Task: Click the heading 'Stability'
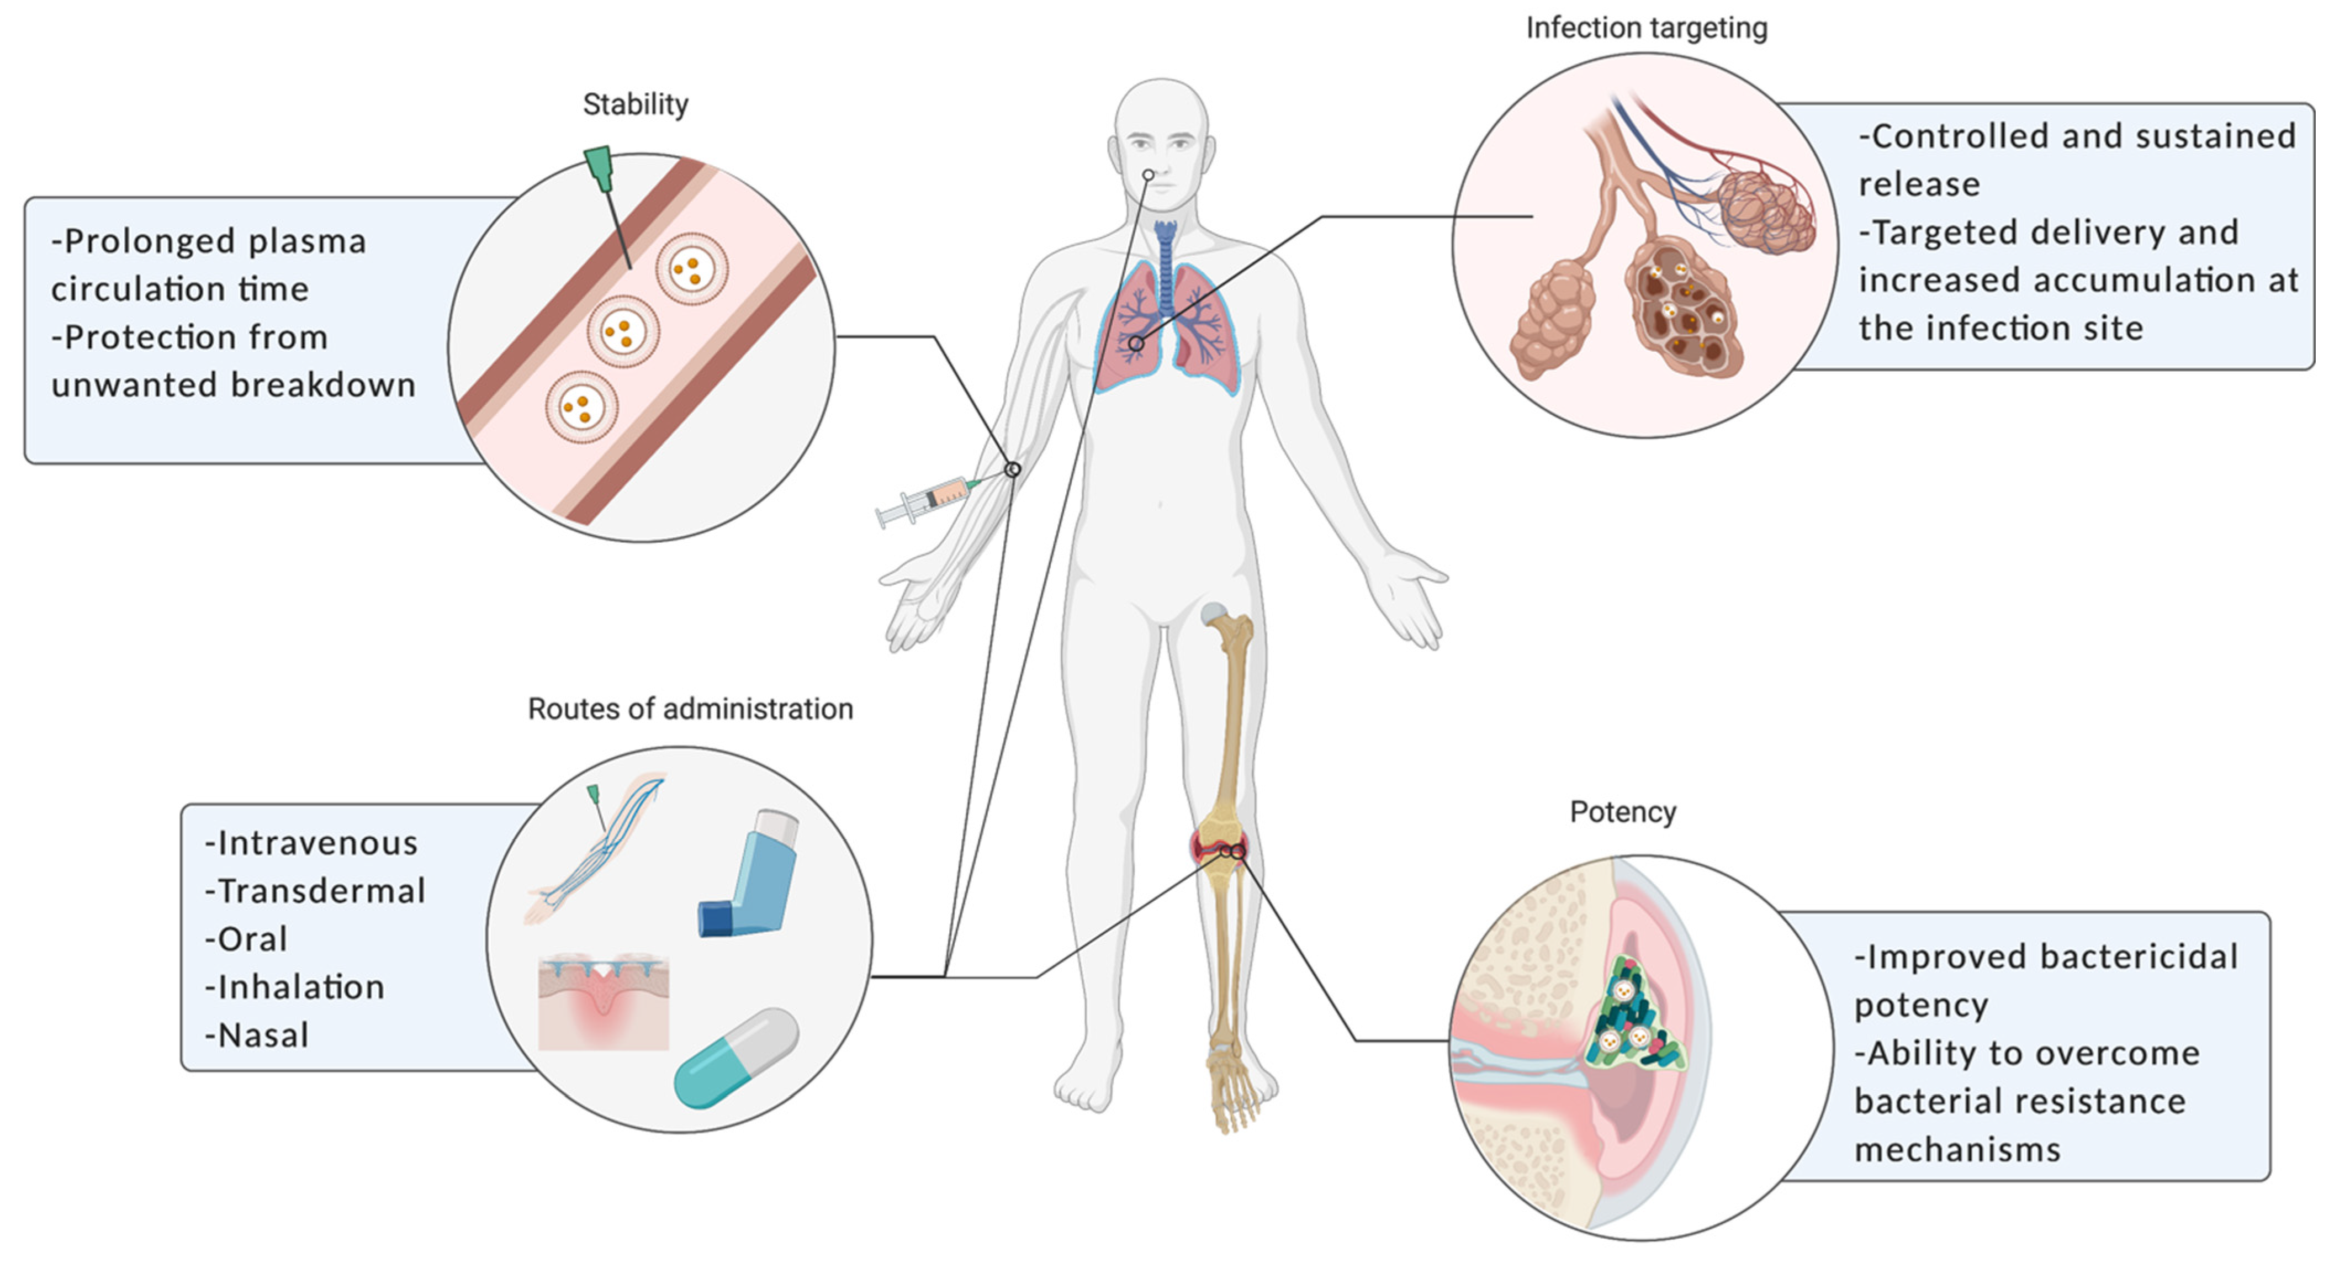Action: pos(635,105)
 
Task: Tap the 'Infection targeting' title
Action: pos(1647,29)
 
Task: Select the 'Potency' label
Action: pos(1623,812)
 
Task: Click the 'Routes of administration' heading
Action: pos(690,709)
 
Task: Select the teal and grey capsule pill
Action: pos(735,1058)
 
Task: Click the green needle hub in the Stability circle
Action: pos(599,168)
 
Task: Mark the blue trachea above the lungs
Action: pos(1165,263)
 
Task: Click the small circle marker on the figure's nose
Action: pos(1148,175)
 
